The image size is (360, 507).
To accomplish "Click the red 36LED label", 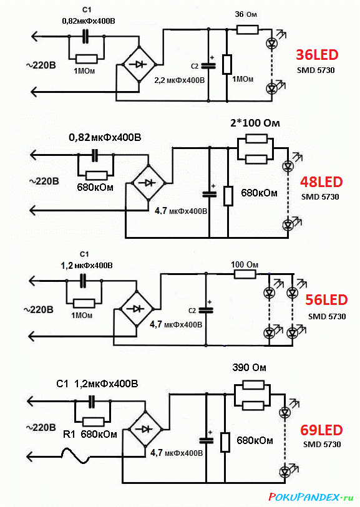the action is [317, 55].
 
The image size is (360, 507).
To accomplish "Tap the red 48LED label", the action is [321, 182].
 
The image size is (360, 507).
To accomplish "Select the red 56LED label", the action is [326, 300].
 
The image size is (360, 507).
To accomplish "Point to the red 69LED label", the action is [321, 430].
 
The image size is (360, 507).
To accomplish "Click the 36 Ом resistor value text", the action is [246, 14].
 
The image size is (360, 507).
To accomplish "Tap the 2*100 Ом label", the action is [255, 123].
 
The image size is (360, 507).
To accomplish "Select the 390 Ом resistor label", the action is [249, 368].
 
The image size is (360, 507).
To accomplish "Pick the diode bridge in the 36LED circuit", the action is [139, 64].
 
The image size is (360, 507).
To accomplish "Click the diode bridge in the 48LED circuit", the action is [148, 183].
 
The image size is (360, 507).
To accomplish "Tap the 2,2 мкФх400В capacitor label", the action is [180, 80].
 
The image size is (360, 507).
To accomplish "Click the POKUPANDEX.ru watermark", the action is [311, 496].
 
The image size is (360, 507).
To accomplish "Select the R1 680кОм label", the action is [90, 434].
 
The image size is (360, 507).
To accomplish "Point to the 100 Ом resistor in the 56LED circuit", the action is [245, 274].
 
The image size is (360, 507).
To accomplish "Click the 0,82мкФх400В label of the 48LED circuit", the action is [105, 137].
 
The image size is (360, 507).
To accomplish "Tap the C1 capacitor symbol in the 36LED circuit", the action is [85, 36].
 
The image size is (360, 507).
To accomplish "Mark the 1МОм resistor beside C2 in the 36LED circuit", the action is [226, 64].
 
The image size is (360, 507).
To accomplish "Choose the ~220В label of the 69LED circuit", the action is [41, 427].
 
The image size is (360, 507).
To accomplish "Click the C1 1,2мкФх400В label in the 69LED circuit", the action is [97, 384].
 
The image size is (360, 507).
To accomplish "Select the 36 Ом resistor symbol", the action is [248, 30].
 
